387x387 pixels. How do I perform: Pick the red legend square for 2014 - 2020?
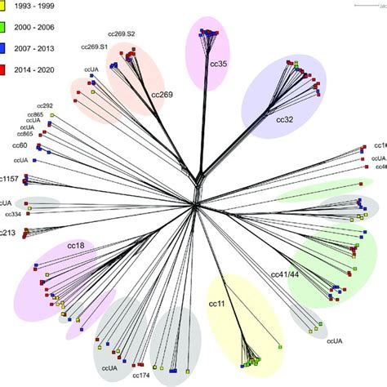click(x=4, y=50)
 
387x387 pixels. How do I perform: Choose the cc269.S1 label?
click(x=96, y=47)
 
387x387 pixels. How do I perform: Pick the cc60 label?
click(x=20, y=145)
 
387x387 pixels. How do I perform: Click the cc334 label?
click(x=13, y=214)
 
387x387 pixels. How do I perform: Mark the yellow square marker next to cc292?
click(x=51, y=115)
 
